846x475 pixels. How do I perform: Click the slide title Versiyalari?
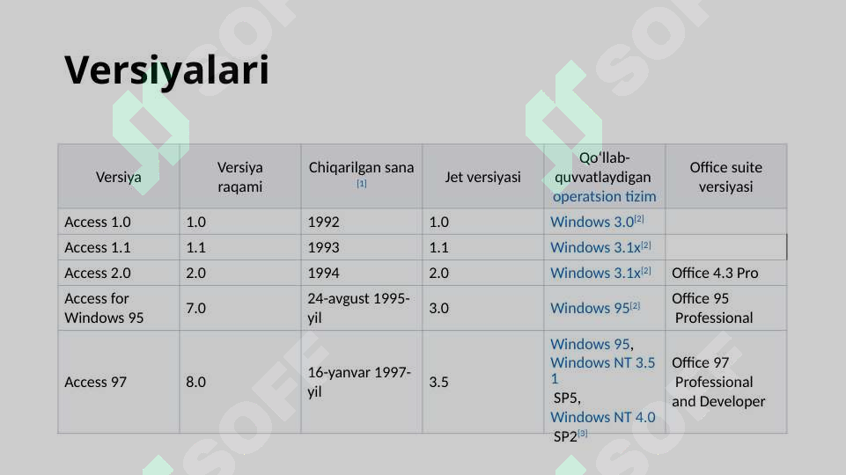[x=166, y=70]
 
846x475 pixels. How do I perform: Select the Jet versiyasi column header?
[x=482, y=177]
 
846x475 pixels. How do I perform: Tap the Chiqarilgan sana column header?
[x=361, y=168]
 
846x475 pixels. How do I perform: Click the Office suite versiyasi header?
[x=725, y=177]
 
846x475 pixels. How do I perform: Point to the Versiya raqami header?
[x=239, y=177]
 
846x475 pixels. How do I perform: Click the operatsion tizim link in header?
[x=604, y=196]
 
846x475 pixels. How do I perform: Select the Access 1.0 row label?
[x=98, y=222]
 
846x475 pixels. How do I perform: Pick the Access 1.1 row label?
[x=98, y=247]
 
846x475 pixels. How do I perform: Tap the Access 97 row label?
[x=96, y=382]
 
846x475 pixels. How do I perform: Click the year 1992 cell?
[x=323, y=222]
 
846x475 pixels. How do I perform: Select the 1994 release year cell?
[x=323, y=273]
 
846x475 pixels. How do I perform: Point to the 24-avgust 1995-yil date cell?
[x=358, y=308]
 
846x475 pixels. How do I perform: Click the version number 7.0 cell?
[x=196, y=308]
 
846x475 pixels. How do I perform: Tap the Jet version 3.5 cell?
[x=438, y=382]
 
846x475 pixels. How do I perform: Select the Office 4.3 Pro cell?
[x=715, y=273]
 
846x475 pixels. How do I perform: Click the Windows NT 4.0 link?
[x=602, y=417]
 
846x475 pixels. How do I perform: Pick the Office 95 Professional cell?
[x=712, y=308]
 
